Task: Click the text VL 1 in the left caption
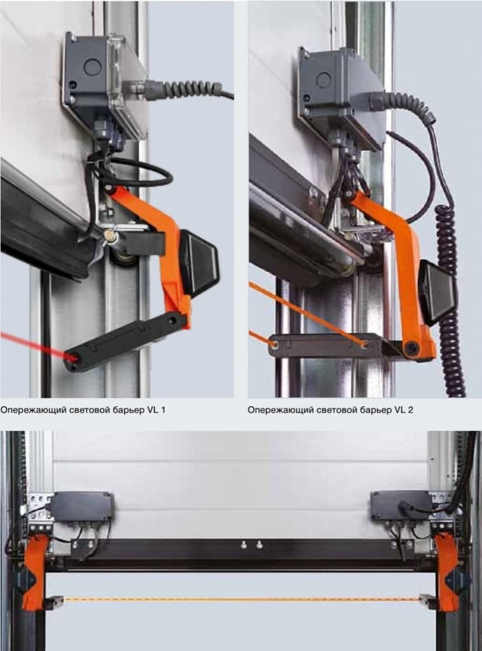(x=156, y=410)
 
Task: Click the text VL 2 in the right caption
(x=404, y=410)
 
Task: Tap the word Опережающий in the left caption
(x=33, y=411)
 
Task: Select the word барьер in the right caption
(x=372, y=411)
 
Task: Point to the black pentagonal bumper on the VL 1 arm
(x=198, y=263)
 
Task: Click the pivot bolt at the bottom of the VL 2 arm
(x=411, y=348)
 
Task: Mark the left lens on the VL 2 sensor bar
(x=275, y=344)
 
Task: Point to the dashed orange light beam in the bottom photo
(x=241, y=599)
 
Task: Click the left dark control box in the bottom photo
(x=82, y=506)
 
